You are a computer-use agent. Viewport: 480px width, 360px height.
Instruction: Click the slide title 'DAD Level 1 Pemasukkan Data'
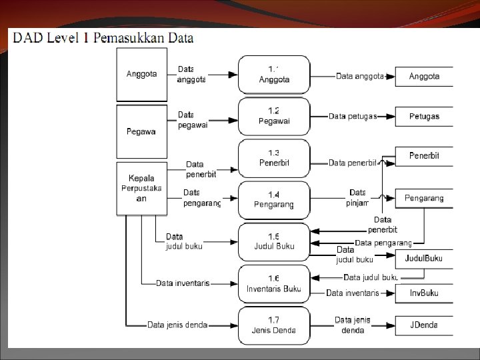103,38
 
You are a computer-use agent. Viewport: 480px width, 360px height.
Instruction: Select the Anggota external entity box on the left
141,75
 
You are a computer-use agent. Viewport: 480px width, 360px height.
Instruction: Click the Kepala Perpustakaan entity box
141,188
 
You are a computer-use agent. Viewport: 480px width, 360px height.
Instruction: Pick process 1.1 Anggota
274,75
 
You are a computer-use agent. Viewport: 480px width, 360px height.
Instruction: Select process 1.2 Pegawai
274,116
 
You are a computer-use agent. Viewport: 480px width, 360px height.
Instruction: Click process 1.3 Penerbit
274,158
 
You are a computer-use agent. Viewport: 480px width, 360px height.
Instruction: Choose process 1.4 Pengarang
274,199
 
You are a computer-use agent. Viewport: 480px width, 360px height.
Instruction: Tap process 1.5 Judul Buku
274,241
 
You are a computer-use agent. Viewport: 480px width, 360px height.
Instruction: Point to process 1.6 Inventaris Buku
274,283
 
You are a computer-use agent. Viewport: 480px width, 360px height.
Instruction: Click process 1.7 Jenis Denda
274,325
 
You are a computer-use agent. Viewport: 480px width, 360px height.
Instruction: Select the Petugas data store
424,117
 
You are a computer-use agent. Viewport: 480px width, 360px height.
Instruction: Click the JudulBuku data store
424,258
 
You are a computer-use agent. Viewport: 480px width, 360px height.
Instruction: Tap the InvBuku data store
424,293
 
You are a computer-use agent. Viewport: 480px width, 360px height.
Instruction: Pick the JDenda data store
424,325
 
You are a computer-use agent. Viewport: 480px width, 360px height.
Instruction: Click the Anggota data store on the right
424,77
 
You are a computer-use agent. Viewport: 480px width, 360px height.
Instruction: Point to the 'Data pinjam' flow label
357,198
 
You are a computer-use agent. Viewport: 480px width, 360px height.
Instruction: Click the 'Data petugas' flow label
353,117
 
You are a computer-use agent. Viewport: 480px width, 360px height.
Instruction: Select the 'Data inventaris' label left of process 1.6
183,283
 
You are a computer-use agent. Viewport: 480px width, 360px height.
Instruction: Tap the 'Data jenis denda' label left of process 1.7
177,325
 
